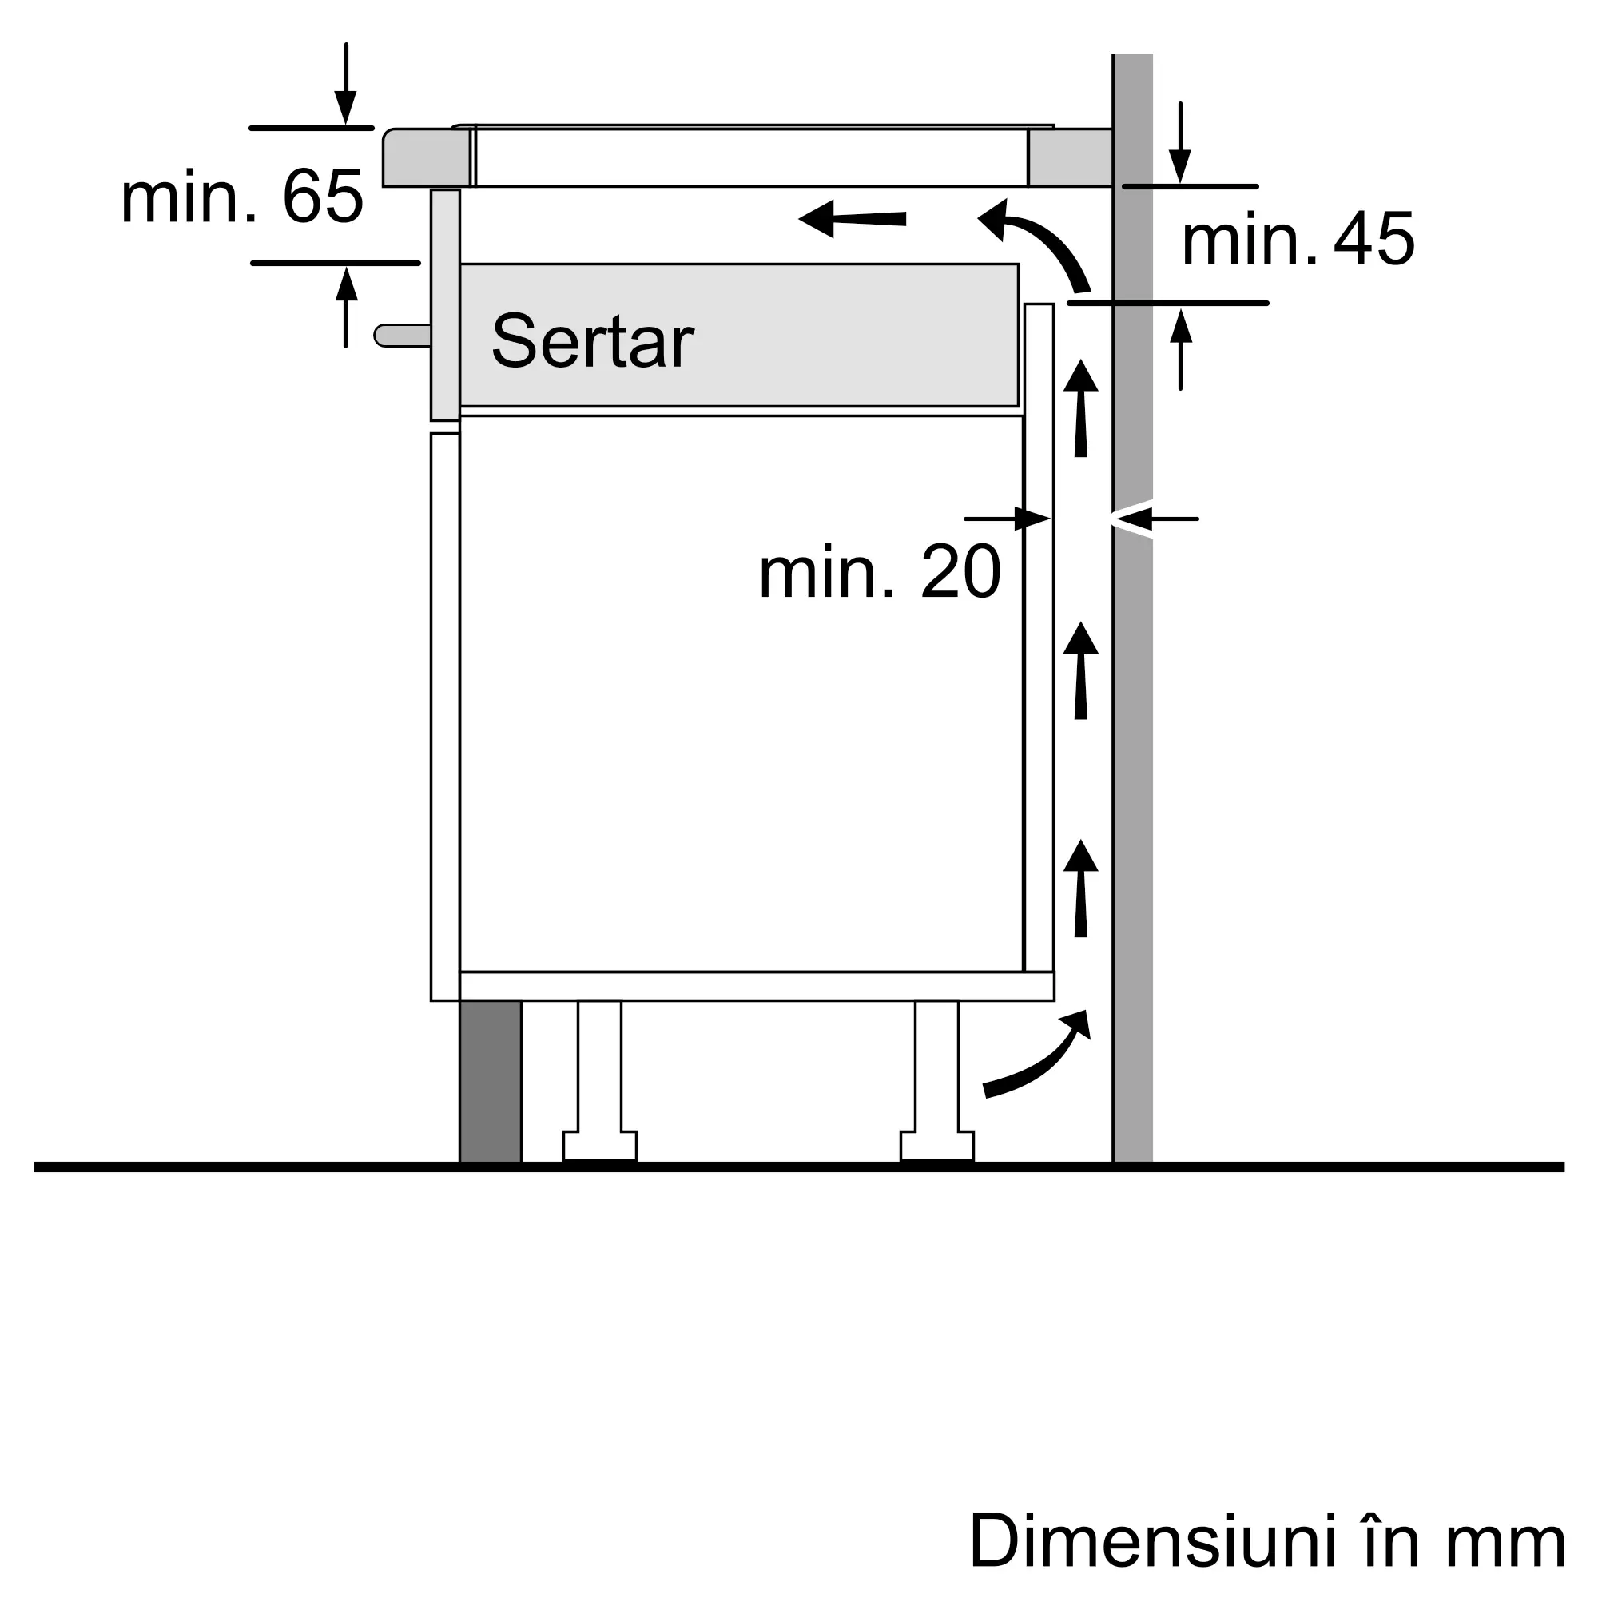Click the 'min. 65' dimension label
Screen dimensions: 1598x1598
point(241,197)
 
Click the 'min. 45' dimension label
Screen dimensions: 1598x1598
point(1298,240)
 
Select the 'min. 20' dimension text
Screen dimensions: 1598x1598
point(879,572)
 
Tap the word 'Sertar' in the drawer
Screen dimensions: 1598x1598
point(592,342)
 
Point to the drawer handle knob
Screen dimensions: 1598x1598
point(402,335)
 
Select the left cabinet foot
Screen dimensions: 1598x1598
point(600,1083)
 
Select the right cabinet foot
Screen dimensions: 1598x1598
point(937,1083)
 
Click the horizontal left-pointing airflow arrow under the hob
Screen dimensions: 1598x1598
point(852,218)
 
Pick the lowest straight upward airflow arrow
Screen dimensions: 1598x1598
point(1080,889)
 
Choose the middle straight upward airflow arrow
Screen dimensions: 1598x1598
point(1080,671)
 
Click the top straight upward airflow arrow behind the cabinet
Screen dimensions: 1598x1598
point(1080,408)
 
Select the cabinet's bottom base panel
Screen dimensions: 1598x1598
point(756,986)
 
